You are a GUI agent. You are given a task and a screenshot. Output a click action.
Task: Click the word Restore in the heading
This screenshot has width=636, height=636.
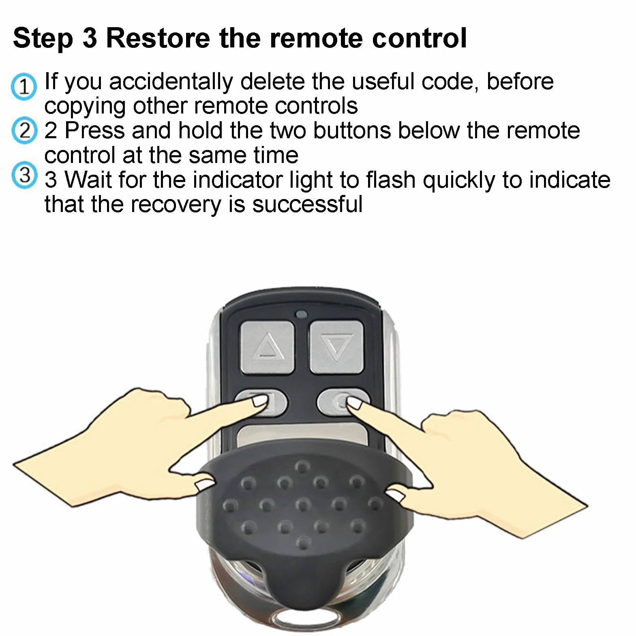[158, 38]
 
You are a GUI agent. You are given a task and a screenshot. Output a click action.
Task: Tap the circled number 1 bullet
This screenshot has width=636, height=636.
[24, 86]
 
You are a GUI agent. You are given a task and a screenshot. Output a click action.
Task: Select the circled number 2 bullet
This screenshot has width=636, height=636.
[24, 131]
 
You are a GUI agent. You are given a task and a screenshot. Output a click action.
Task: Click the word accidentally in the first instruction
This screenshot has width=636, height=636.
[171, 81]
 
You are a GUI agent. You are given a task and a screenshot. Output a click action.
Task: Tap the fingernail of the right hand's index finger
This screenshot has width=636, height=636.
[354, 403]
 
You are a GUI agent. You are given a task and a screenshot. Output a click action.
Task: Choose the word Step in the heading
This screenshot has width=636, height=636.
[43, 39]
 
